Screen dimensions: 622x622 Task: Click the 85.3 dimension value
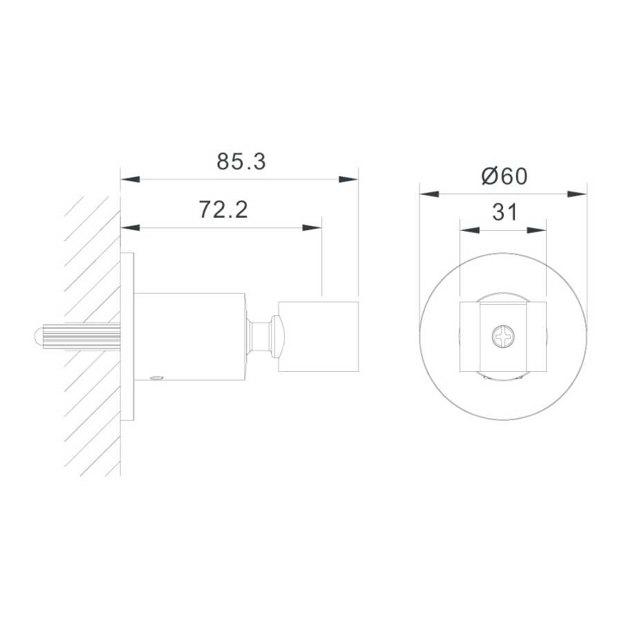point(241,162)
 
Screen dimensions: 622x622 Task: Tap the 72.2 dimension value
point(223,210)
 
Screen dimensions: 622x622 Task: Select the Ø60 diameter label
point(505,176)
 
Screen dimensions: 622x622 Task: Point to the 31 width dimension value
point(505,212)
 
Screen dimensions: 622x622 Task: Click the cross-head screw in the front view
point(503,337)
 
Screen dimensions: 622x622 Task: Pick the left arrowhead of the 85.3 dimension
point(131,179)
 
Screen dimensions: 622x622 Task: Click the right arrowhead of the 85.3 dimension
point(348,179)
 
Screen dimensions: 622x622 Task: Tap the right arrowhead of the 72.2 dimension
point(312,227)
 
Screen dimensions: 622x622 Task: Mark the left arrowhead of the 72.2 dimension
point(131,227)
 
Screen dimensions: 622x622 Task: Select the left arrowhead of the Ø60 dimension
point(429,194)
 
